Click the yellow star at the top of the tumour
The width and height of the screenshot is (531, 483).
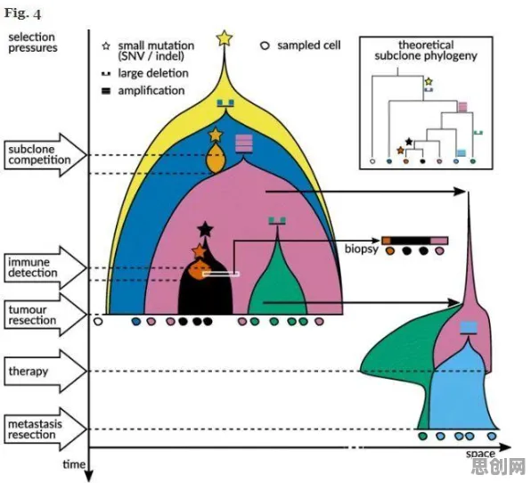click(x=225, y=38)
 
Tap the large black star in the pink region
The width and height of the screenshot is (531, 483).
click(x=205, y=229)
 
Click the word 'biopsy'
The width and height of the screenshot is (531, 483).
click(x=362, y=250)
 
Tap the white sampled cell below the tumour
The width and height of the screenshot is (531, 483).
click(x=98, y=321)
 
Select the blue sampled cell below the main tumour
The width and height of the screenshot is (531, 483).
click(x=135, y=321)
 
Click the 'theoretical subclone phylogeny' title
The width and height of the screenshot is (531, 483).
click(x=426, y=50)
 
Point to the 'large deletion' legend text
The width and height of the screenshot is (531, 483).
click(x=153, y=73)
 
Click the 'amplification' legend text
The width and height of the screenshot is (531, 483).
click(x=151, y=91)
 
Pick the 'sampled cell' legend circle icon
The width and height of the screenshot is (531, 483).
click(x=265, y=45)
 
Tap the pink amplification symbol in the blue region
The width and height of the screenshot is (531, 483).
click(x=244, y=143)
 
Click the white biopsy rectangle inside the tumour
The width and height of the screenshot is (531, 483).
click(x=221, y=274)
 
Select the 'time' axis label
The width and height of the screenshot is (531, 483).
click(x=74, y=464)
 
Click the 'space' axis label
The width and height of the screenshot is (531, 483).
click(x=480, y=454)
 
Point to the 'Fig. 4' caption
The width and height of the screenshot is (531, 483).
click(x=22, y=13)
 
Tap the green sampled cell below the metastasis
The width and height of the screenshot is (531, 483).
click(x=422, y=436)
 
